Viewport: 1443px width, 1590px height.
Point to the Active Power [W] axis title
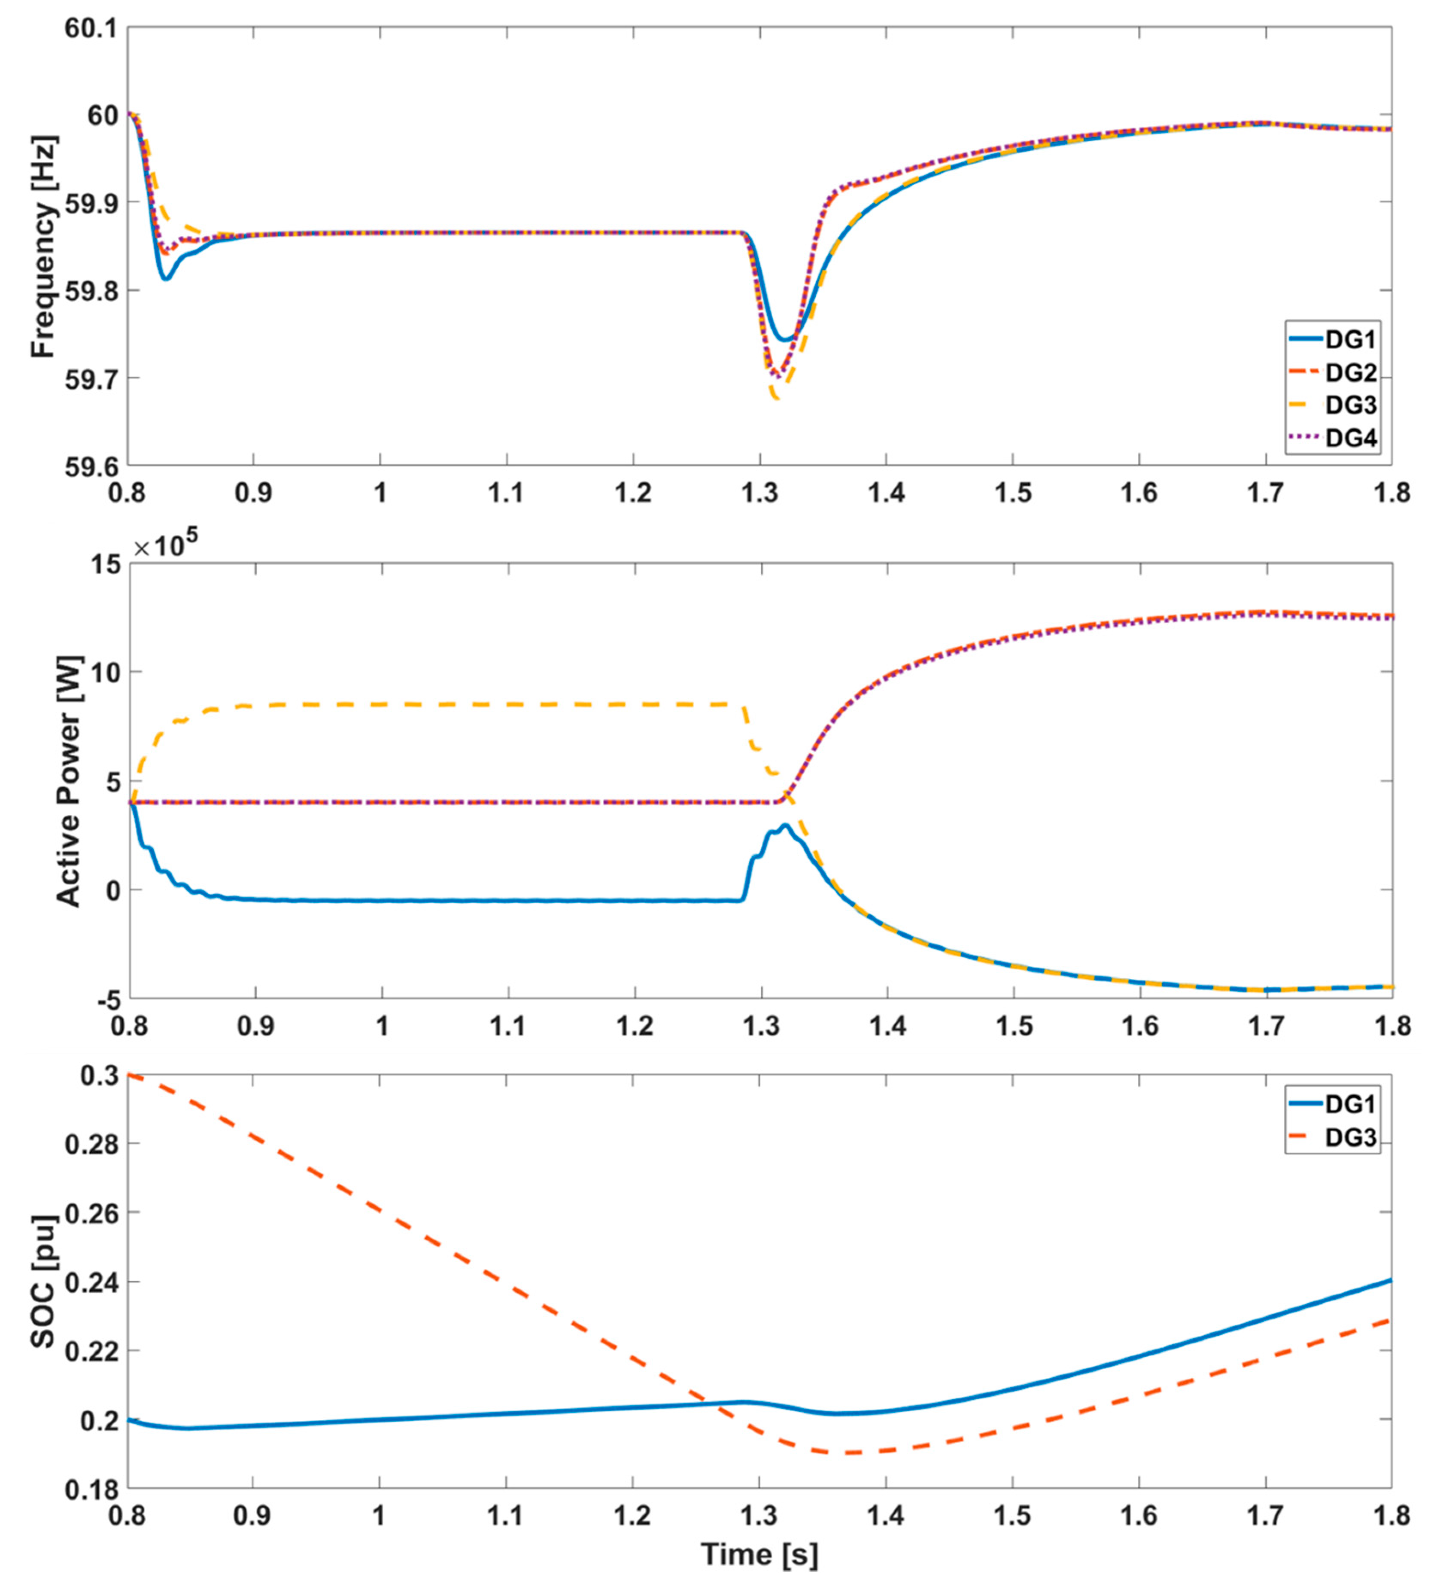pos(70,781)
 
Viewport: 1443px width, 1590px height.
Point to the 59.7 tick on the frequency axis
pos(89,378)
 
